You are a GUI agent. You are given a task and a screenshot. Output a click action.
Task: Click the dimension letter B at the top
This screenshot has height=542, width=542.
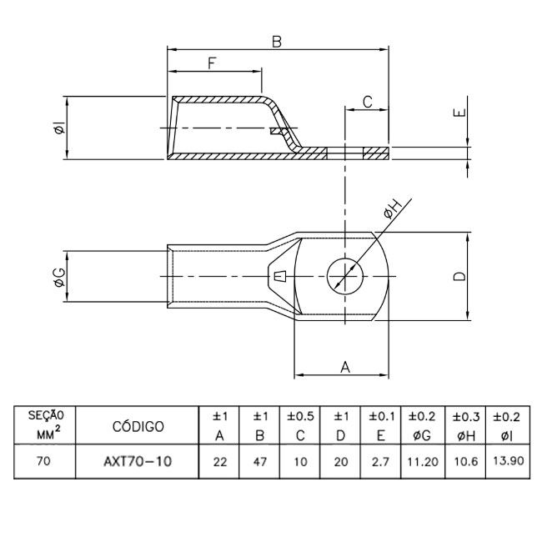pos(276,41)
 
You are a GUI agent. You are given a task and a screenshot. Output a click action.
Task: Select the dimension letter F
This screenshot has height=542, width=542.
pos(213,63)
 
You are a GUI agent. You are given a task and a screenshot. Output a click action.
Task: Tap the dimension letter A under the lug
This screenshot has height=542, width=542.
pos(343,365)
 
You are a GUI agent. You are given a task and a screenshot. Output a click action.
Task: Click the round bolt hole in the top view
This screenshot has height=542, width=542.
pos(342,275)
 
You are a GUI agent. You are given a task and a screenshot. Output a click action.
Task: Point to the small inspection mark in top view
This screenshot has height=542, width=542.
pos(280,276)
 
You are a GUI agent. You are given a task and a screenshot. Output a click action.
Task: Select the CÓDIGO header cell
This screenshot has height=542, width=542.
pos(138,426)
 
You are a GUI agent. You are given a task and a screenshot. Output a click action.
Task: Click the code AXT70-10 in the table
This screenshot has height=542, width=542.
pos(138,461)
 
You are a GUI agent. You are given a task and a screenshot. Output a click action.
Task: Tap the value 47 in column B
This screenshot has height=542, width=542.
pos(260,461)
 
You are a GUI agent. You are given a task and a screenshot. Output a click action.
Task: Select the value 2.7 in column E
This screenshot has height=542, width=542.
pos(379,461)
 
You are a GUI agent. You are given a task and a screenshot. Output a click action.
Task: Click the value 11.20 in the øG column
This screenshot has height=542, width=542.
pos(421,461)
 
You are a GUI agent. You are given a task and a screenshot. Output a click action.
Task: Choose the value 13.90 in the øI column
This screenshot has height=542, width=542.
pos(508,460)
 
